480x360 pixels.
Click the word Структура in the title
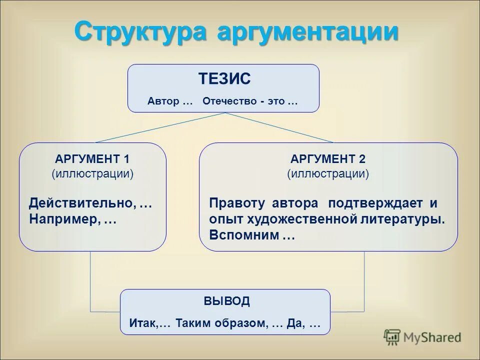tap(141, 32)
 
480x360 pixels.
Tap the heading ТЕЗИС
tap(224, 79)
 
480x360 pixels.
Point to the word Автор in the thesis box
tap(163, 101)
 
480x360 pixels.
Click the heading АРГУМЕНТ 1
tap(92, 159)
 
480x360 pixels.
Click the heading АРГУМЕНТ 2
tap(328, 159)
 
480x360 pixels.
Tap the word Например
tap(65, 219)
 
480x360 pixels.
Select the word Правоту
tap(238, 203)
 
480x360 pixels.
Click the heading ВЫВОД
tap(226, 301)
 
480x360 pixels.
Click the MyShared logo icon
tap(392, 337)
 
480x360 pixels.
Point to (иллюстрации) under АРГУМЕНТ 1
tap(92, 174)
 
